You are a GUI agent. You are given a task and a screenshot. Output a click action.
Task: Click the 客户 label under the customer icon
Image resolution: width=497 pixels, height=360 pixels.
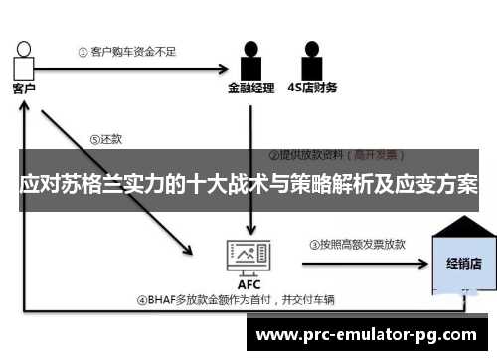24,89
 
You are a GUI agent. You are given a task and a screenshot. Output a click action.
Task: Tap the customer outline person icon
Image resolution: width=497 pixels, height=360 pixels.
23,59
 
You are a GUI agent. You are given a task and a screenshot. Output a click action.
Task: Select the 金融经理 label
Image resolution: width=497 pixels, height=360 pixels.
249,87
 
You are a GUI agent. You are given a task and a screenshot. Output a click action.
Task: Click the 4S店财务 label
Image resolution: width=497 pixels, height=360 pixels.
312,87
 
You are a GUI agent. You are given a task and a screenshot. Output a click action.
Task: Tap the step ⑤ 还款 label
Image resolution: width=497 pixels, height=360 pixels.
105,139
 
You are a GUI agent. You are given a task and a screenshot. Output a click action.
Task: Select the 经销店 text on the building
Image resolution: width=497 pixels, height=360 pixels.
462,265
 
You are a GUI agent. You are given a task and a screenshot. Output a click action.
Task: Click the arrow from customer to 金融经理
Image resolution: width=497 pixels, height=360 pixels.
129,69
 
